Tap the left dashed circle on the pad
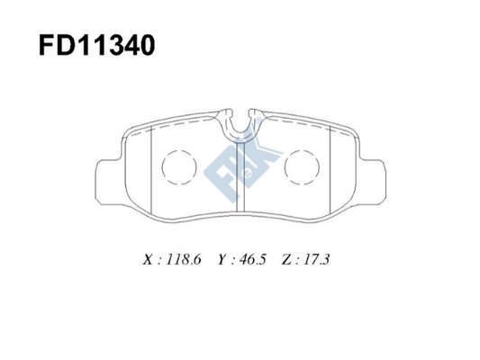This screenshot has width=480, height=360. coord(177,166)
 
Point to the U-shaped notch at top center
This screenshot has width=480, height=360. coord(240,126)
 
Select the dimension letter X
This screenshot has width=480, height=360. coord(148,260)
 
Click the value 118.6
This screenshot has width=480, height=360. coord(185,260)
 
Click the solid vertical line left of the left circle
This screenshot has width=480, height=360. coord(150,171)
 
